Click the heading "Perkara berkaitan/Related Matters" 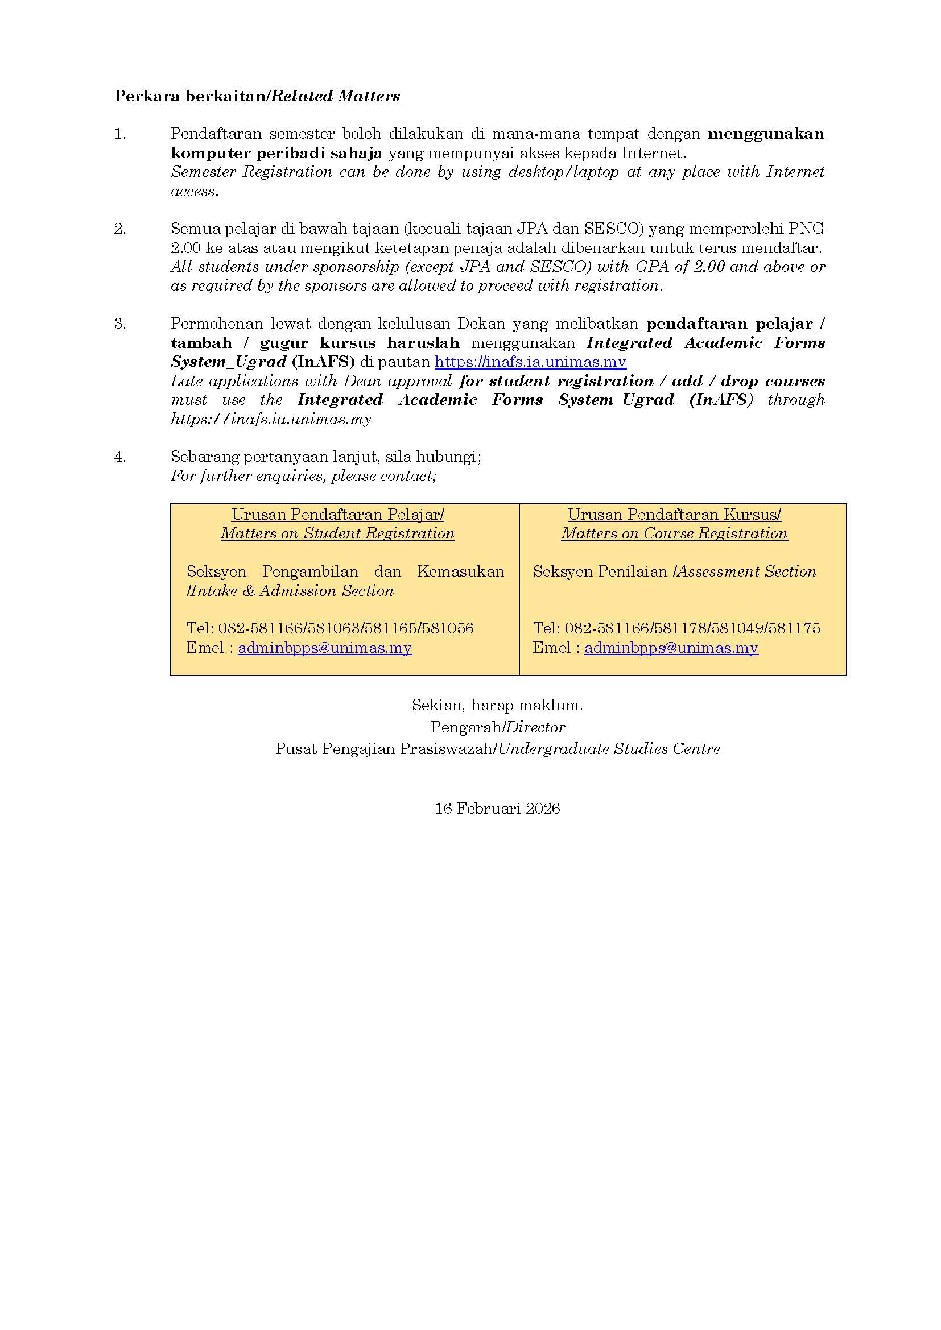coord(257,96)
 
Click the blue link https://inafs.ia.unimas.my coord(530,362)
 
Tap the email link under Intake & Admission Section coord(324,648)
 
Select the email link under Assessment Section coord(671,648)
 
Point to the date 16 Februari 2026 coord(497,809)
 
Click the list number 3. coord(120,324)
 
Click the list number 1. coord(120,134)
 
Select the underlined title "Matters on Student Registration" coord(337,533)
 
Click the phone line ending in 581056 coord(330,628)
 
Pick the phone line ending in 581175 coord(676,628)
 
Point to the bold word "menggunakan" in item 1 coord(766,134)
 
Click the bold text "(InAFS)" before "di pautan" coord(323,362)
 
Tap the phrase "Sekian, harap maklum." coord(497,705)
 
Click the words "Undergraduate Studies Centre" coord(609,749)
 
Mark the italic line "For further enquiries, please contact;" coord(304,476)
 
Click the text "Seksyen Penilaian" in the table coord(600,571)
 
